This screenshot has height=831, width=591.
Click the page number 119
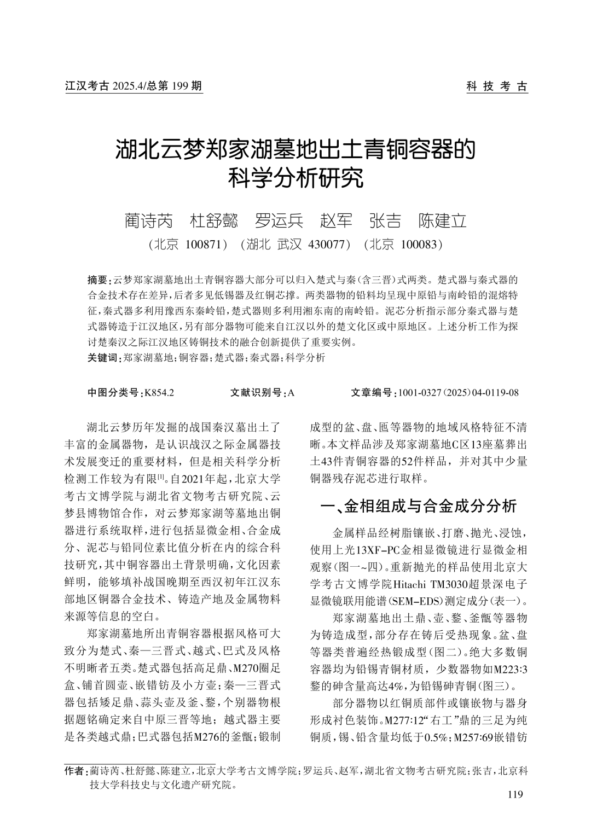515,794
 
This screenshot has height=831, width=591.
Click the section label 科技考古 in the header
497,86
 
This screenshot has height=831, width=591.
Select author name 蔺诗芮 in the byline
148,220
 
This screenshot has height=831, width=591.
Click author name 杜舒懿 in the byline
214,220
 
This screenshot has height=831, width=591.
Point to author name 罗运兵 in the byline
279,220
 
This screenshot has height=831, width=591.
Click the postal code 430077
329,244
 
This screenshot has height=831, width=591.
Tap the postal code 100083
421,244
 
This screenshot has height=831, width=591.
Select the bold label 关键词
102,358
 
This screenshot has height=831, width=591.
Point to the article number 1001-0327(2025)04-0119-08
459,393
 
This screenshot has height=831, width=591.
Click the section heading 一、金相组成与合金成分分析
419,507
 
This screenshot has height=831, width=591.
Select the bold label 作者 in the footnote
74,770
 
